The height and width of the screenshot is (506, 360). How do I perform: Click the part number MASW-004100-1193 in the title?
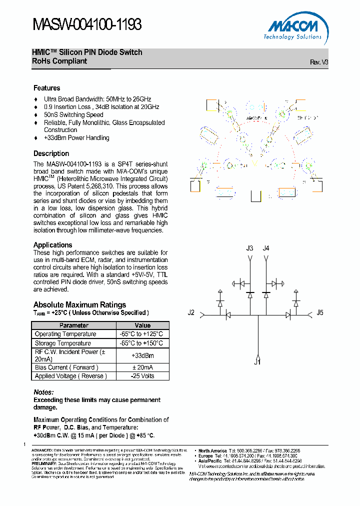pos(87,24)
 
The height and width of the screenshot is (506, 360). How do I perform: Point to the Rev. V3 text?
pos(319,62)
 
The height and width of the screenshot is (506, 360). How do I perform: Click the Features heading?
pos(47,88)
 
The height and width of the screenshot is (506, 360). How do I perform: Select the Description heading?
pos(51,153)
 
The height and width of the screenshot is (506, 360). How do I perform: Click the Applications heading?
pos(52,245)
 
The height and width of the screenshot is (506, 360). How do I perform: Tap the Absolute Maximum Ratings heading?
pos(79,304)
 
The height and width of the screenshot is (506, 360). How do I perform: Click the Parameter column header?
pos(74,325)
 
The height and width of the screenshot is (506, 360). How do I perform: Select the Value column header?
pos(142,325)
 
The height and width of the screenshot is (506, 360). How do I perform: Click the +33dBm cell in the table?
pos(142,355)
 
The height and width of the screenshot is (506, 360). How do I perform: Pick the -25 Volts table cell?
pos(142,376)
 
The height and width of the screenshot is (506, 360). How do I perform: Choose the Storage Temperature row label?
pos(63,343)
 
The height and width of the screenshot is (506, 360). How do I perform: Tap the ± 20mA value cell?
pos(142,367)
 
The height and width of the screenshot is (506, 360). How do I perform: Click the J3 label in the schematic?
pos(250,248)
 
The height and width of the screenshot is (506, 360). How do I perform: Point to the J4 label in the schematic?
pos(266,248)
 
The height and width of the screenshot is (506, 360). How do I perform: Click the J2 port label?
pos(191,313)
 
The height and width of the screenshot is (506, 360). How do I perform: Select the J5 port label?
pos(320,313)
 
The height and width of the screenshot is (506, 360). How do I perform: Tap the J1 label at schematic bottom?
pos(257,362)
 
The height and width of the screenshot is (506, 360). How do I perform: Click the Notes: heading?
pos(43,392)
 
